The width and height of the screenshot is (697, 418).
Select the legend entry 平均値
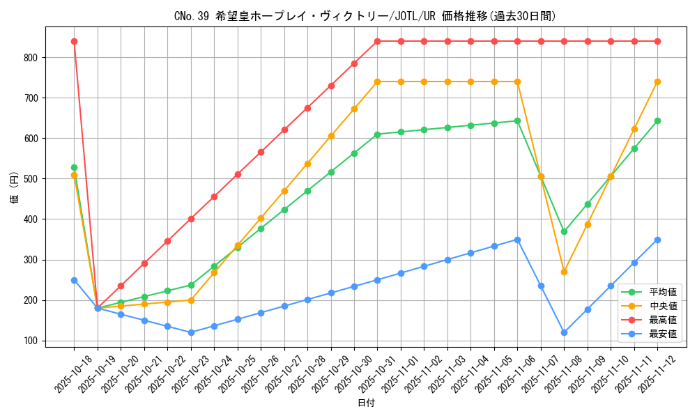[662, 293]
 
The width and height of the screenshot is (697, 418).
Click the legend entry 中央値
[662, 307]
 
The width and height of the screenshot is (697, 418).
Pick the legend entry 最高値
[662, 320]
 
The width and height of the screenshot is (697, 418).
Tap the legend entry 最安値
[662, 334]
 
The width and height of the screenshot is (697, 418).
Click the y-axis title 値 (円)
[15, 187]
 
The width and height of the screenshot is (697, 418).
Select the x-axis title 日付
[366, 403]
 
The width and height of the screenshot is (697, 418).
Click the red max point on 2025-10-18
[74, 41]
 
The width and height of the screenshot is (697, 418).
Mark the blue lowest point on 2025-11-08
[564, 332]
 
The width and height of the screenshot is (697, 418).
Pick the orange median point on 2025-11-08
[564, 272]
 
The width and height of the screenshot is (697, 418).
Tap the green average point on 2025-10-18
[74, 167]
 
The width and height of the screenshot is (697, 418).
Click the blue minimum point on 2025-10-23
[191, 332]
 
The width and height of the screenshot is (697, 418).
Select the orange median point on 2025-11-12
[657, 82]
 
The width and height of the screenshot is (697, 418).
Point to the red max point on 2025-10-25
[238, 174]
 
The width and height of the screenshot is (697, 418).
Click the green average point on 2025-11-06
[517, 121]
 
